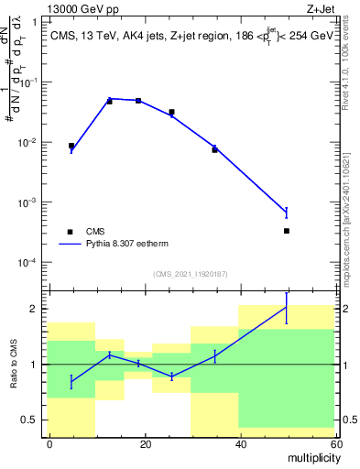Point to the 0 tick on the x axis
click(49, 443)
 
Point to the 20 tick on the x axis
click(145, 443)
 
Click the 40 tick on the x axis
click(240, 443)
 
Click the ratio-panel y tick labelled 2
click(36, 309)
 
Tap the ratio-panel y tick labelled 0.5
click(32, 420)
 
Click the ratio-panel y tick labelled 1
click(36, 365)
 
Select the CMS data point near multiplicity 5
click(71, 146)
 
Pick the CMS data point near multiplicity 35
click(214, 149)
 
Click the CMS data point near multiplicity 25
click(171, 112)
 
